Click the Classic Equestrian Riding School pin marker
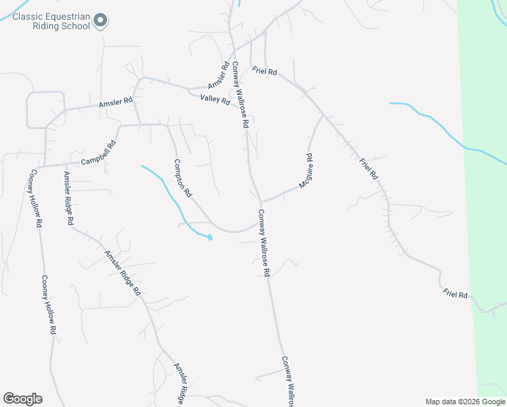[100, 20]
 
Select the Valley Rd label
[215, 100]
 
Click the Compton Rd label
[183, 178]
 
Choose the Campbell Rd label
[98, 153]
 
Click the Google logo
[22, 399]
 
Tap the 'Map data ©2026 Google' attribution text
[465, 402]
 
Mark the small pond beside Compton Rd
[209, 237]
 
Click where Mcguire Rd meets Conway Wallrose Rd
[261, 201]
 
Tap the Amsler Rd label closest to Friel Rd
[219, 75]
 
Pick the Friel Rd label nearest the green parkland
[455, 294]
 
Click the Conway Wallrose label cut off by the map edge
[288, 381]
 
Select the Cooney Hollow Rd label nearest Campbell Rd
[36, 198]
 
